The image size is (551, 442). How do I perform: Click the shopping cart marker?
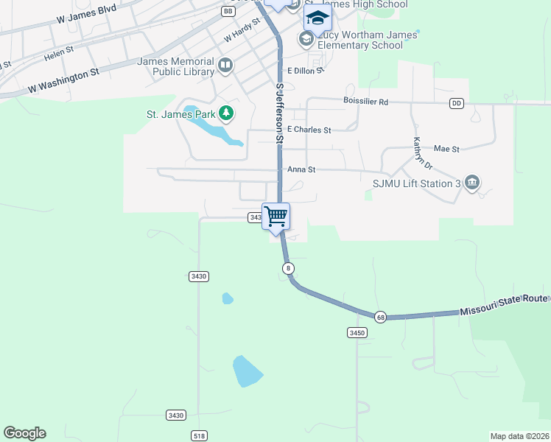point(276,217)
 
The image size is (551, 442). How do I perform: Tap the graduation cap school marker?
point(317,18)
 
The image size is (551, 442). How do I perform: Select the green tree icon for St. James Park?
point(227,113)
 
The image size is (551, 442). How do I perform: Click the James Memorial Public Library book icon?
point(225,67)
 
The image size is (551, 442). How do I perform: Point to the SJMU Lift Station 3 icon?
point(472,183)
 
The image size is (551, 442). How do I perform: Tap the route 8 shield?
point(287,268)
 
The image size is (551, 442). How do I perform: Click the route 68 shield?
point(380,317)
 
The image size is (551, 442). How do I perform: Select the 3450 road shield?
point(357,332)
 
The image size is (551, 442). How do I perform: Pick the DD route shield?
point(457,103)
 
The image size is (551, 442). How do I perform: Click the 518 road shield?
point(197,435)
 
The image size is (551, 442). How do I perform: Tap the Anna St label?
point(301,169)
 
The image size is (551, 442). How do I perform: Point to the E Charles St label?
point(309,130)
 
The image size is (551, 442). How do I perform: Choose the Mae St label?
point(446,149)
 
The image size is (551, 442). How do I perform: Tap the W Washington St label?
point(63,81)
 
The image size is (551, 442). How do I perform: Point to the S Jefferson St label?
point(280,112)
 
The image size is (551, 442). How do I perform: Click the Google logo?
point(24,433)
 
